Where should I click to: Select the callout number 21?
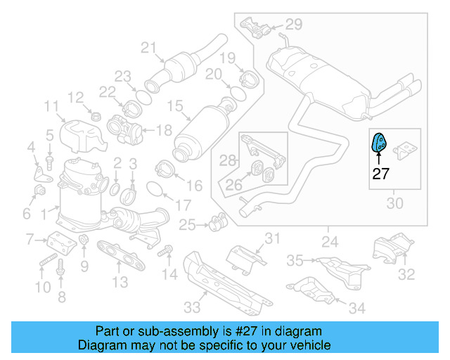[x=148, y=48]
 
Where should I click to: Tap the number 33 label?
[x=192, y=306]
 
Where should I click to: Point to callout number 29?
[x=293, y=25]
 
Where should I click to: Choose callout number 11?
[x=51, y=107]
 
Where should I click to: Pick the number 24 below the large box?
[x=329, y=243]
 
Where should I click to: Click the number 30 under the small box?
[x=395, y=204]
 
